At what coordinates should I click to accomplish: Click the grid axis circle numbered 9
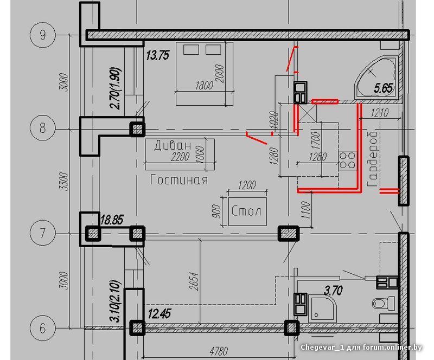[x=43, y=35]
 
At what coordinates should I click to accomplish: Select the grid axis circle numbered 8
[x=43, y=128]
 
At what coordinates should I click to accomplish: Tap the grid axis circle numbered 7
[x=43, y=233]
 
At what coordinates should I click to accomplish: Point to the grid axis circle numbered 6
[x=43, y=328]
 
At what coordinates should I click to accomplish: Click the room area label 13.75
[x=157, y=56]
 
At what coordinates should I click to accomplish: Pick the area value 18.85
[x=112, y=220]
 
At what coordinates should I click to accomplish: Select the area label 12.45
[x=159, y=314]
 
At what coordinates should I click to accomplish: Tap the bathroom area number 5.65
[x=384, y=88]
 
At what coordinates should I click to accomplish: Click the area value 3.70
[x=333, y=291]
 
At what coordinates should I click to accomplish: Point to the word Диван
[x=173, y=145]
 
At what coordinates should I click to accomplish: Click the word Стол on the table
[x=246, y=211]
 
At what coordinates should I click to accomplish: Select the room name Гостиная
[x=179, y=180]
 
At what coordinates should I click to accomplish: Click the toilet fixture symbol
[x=384, y=303]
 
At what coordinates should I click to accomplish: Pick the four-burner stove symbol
[x=348, y=160]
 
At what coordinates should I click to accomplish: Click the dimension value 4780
[x=219, y=351]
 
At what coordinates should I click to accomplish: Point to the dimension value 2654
[x=195, y=281]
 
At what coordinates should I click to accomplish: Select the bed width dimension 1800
[x=204, y=85]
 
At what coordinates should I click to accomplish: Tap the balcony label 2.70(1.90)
[x=115, y=88]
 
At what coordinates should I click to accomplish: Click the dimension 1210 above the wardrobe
[x=380, y=113]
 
